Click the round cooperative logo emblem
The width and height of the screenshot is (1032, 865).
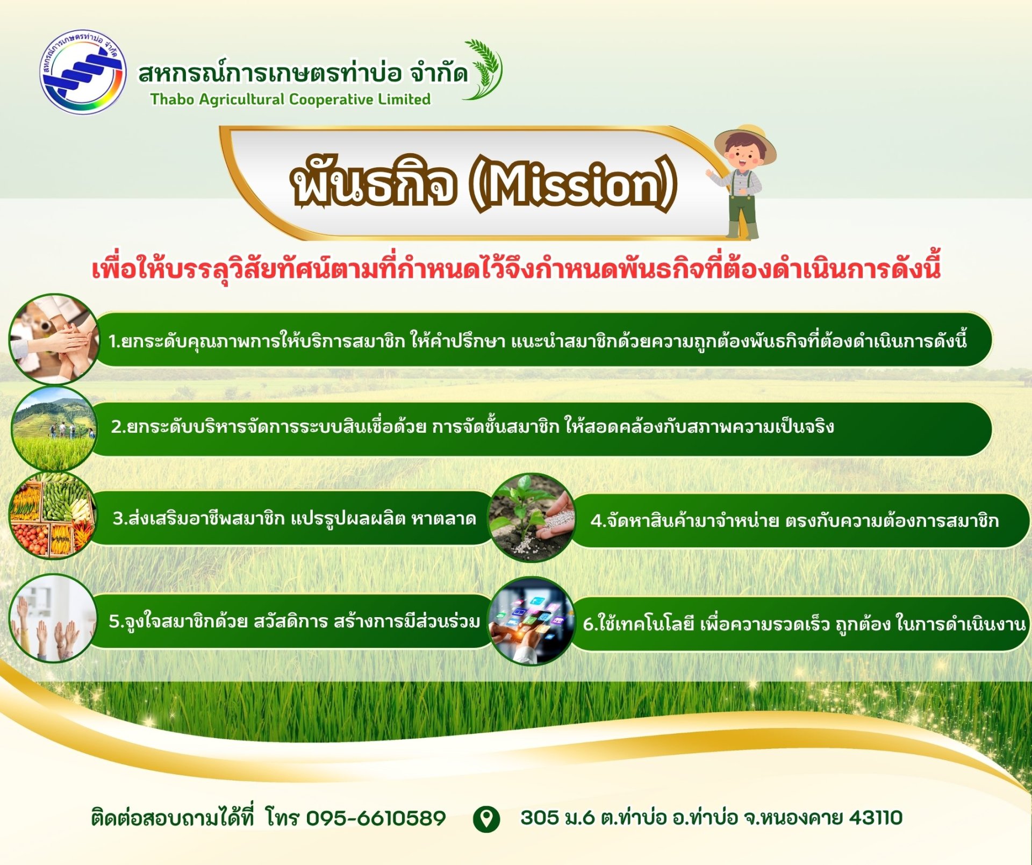(x=83, y=72)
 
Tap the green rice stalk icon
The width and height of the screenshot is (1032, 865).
(x=483, y=69)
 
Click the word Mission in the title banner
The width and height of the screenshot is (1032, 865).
(x=572, y=185)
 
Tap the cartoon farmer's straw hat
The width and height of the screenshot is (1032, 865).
(x=745, y=142)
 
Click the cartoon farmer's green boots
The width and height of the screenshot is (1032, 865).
(x=743, y=230)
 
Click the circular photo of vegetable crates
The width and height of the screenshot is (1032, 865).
(x=53, y=516)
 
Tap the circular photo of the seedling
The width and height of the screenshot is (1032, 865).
(x=532, y=518)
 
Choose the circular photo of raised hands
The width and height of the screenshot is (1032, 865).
(x=53, y=618)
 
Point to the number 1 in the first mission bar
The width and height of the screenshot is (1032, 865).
(x=112, y=341)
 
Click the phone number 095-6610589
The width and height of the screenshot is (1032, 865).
(x=376, y=818)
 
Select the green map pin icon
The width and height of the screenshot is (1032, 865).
(x=486, y=819)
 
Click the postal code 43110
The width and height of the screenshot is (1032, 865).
(x=876, y=818)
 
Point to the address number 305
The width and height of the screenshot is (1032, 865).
(x=540, y=818)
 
